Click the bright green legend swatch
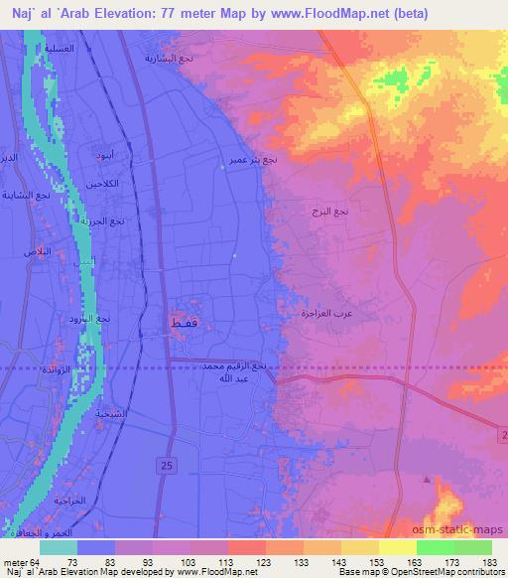coord(436,547)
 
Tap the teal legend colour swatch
coord(59,547)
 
